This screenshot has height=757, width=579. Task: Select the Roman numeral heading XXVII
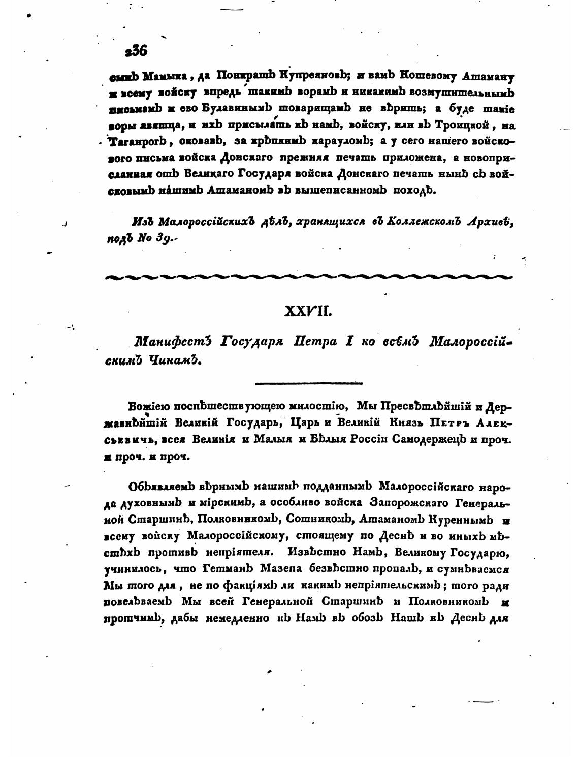coord(308,311)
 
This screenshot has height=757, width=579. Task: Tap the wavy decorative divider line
coord(308,277)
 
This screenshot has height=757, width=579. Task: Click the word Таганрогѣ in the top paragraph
coord(136,142)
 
